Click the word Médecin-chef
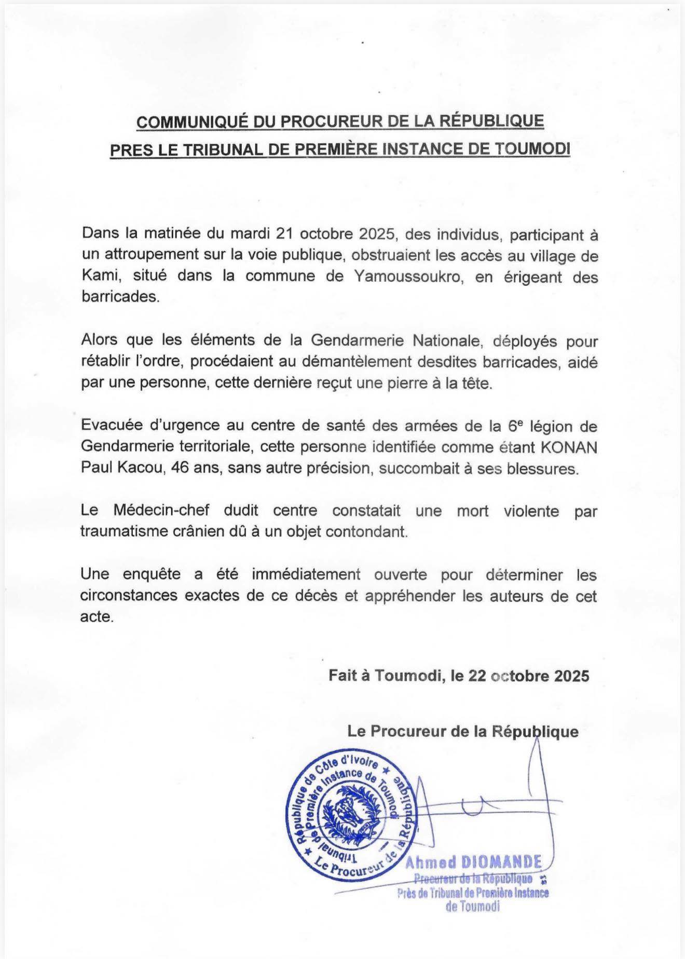point(161,511)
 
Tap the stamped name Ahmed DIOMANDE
point(473,862)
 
